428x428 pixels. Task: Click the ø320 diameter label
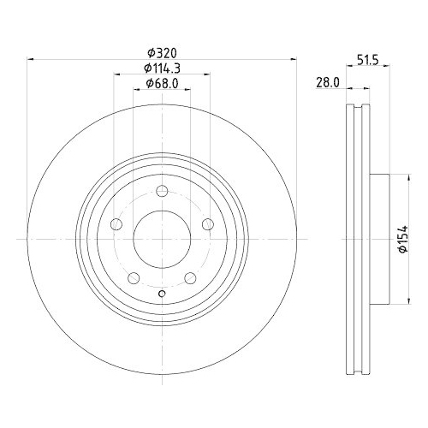point(161,51)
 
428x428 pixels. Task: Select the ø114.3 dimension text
point(161,68)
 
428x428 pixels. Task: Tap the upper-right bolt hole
point(207,224)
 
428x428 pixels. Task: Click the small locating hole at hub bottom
point(162,296)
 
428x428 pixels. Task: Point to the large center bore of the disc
point(162,239)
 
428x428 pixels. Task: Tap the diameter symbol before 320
point(149,51)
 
